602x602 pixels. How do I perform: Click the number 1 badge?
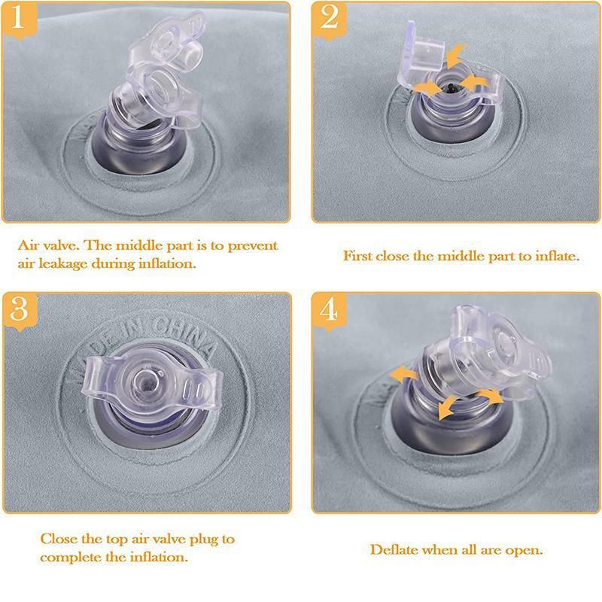(x=18, y=20)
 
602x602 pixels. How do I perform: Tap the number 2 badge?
(x=330, y=20)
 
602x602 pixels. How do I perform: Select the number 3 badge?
(x=20, y=311)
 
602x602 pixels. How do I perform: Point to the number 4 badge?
(x=330, y=311)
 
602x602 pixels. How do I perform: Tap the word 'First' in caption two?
(x=357, y=256)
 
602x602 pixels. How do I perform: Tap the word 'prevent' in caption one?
(x=253, y=246)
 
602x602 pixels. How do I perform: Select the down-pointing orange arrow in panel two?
(x=456, y=56)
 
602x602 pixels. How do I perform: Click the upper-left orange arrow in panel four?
(x=403, y=373)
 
